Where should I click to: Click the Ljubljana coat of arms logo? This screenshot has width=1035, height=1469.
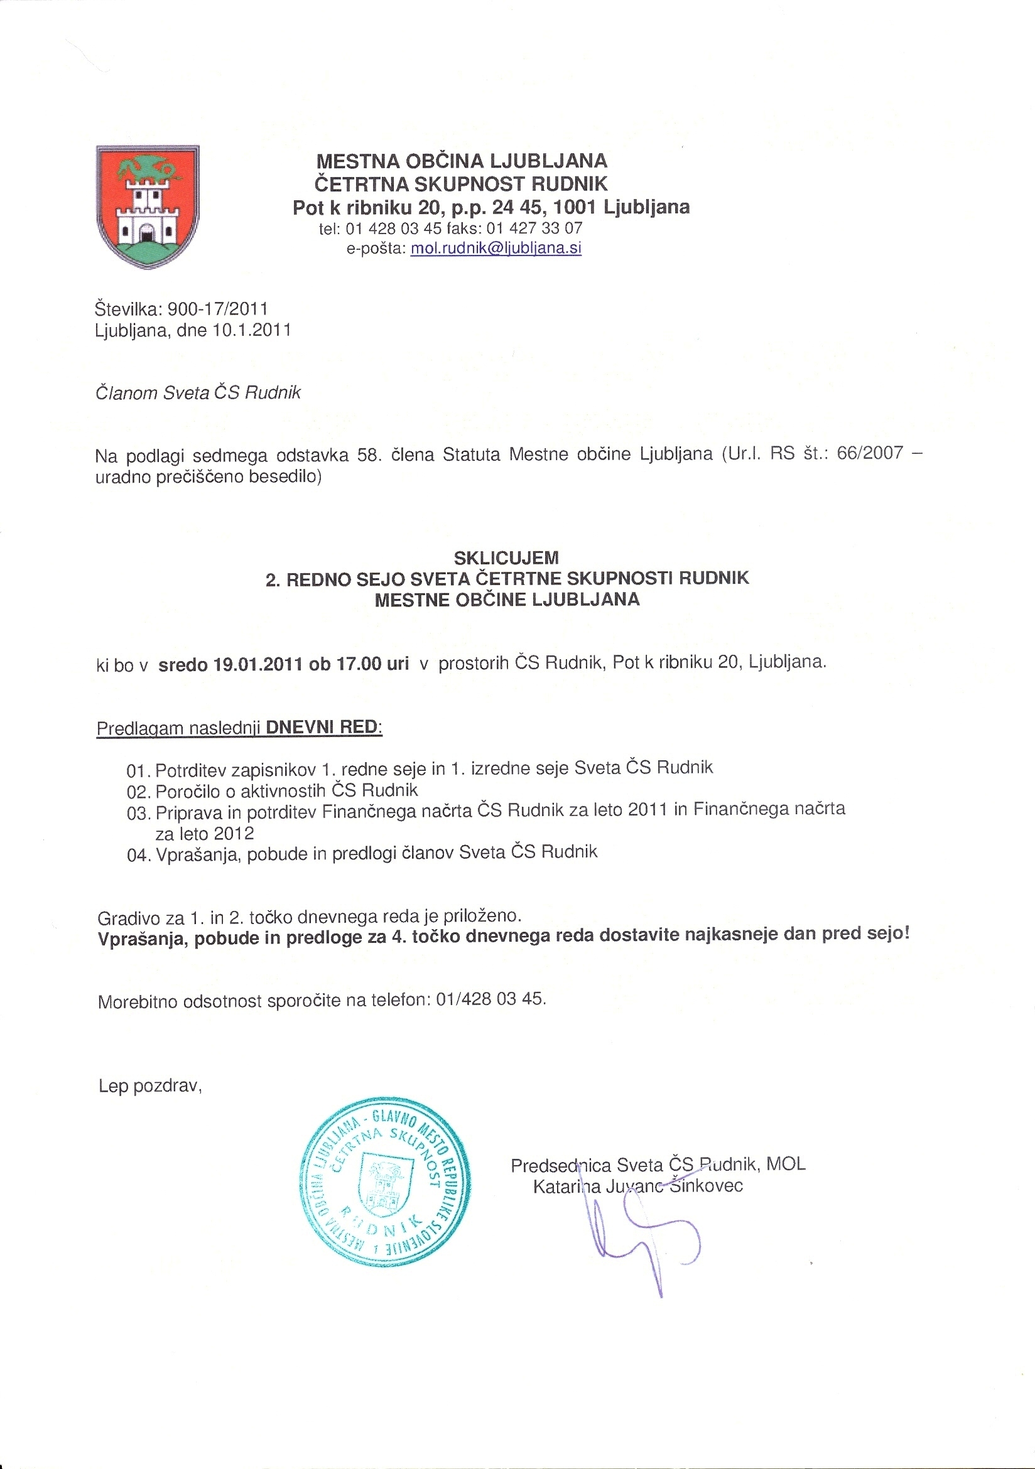[147, 206]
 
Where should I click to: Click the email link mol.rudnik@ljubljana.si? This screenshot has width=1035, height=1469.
[496, 248]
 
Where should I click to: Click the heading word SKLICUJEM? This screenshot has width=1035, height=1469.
[506, 557]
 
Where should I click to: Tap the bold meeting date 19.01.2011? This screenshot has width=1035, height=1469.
[257, 664]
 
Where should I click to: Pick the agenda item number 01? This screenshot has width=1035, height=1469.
[138, 770]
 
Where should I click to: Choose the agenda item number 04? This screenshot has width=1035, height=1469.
[138, 856]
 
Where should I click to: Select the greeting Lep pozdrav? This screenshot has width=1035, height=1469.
[149, 1086]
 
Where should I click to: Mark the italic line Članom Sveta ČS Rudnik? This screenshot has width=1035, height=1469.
[198, 392]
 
